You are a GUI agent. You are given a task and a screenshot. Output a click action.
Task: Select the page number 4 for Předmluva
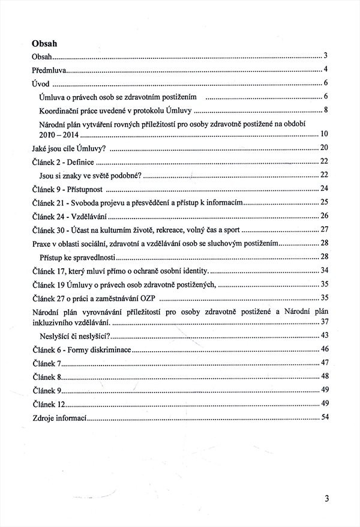click(325, 69)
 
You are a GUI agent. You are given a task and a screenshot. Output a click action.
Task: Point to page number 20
click(324, 148)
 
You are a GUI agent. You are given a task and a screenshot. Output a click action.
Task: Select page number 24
click(324, 189)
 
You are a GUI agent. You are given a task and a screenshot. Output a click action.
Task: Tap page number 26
click(324, 215)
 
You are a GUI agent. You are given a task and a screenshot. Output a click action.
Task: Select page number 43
click(324, 335)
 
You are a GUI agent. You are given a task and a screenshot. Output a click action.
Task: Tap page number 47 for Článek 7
click(324, 363)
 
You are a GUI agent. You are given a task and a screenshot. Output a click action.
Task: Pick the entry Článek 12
click(47, 404)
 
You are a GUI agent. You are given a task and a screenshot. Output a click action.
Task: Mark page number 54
click(324, 417)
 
